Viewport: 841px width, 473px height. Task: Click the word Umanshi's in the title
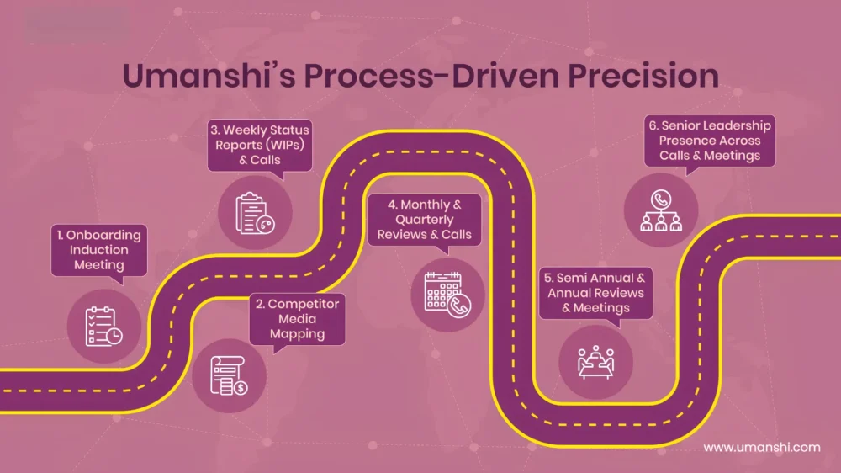coord(209,75)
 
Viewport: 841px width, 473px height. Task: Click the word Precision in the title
coord(643,75)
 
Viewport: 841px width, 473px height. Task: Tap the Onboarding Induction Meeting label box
coord(99,250)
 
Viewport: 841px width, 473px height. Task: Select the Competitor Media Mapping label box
coord(297,319)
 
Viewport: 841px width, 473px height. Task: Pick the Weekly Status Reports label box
coord(260,145)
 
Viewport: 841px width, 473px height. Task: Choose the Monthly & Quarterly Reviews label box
coord(424,220)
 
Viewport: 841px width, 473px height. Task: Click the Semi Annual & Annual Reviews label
coord(595,293)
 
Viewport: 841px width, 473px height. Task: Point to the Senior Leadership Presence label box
coord(710,141)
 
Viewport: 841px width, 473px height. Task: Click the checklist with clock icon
coord(103,327)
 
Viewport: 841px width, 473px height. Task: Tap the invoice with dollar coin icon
coord(229,375)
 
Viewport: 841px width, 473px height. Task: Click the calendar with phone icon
coord(447,295)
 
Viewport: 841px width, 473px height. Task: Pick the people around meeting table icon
coord(595,362)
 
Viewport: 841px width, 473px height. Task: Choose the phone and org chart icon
coord(661,210)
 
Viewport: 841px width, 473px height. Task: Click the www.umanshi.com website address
coord(762,447)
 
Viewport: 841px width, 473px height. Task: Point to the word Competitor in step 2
coord(304,304)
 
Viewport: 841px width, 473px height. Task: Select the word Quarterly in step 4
coord(424,221)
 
